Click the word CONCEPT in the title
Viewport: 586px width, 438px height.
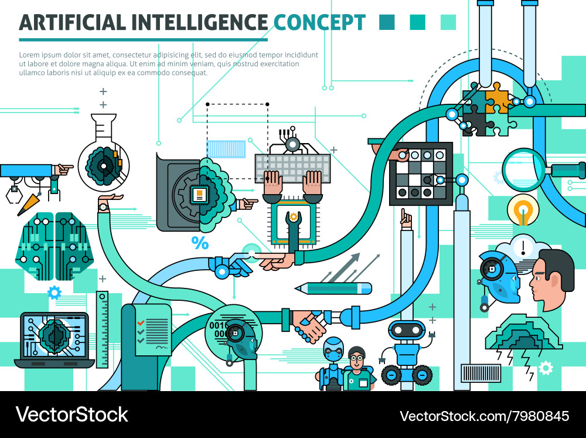319,22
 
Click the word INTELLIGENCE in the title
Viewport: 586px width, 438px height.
199,22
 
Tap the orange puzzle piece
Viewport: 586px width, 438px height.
497,97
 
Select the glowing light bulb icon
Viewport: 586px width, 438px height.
523,210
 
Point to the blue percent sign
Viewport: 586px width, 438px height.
200,243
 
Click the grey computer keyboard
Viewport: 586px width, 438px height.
292,168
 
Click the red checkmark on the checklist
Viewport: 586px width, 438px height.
141,322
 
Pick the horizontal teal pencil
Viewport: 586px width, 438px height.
333,288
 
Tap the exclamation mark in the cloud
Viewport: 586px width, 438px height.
523,247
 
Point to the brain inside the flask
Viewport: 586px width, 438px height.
104,166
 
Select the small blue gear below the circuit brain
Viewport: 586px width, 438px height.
54,293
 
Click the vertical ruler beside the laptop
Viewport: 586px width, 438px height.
102,329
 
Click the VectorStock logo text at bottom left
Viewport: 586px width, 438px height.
71,415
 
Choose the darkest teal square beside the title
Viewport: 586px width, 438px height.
387,22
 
